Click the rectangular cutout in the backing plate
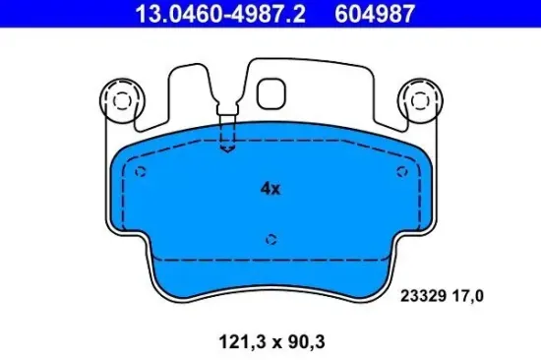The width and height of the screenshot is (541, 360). click(x=271, y=91)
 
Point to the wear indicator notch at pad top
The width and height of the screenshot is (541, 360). click(x=228, y=139)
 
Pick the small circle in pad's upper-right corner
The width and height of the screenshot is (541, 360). click(x=401, y=171)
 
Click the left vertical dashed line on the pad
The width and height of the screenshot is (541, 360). click(x=125, y=207)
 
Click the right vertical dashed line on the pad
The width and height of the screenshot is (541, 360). click(x=418, y=207)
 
